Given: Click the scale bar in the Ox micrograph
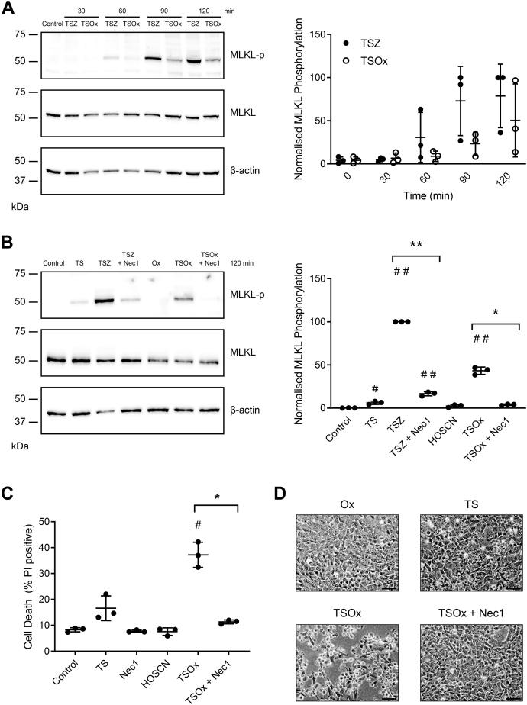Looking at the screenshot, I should click(x=389, y=586).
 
